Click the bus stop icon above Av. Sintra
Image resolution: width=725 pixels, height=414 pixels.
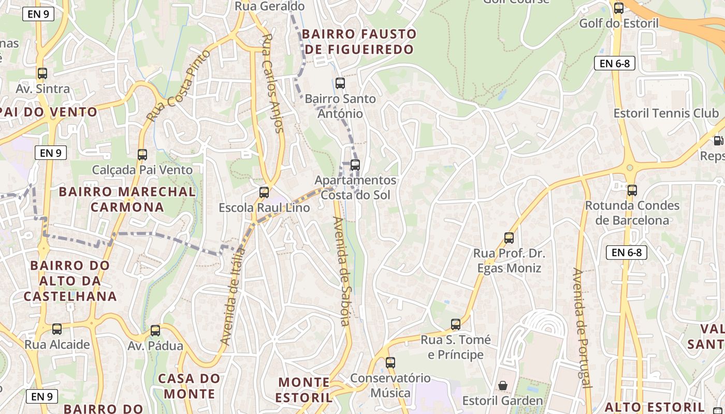[x=42, y=73]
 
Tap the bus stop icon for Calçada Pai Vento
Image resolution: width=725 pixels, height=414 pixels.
[x=142, y=154]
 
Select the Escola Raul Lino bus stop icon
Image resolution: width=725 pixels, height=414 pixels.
[x=264, y=193]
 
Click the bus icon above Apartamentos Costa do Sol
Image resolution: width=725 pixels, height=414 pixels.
[x=355, y=165]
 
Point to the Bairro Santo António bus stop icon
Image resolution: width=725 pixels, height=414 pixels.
[x=340, y=83]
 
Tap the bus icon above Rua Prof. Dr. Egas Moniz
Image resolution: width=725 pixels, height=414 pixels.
[x=509, y=238]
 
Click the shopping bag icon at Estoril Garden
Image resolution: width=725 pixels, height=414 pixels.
[x=502, y=386]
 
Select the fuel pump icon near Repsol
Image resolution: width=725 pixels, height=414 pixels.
[x=718, y=140]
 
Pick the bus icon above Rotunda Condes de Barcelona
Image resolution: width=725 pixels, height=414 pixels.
[x=632, y=190]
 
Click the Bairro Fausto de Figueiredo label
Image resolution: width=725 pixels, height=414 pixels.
[x=359, y=42]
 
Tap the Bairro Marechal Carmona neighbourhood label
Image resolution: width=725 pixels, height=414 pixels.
[x=127, y=199]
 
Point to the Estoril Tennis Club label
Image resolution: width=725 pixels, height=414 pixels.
[x=666, y=113]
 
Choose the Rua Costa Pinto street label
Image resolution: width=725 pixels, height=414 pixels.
[x=179, y=85]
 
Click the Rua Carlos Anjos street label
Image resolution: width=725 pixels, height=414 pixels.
[x=273, y=83]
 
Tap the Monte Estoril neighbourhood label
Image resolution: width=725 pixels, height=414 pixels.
[x=304, y=390]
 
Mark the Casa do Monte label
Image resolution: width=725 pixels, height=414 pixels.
[x=189, y=386]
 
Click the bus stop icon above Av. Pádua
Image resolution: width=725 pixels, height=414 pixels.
[x=155, y=331]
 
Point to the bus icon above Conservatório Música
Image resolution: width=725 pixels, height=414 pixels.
[x=390, y=363]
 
